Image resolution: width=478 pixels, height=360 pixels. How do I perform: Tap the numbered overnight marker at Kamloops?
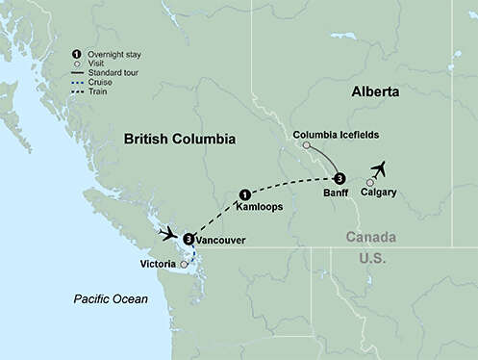tap(244, 193)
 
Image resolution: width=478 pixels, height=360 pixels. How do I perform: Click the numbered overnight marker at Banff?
tap(339, 178)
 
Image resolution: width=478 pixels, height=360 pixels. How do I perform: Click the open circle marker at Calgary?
tap(370, 182)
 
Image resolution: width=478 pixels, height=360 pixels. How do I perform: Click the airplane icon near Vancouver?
tap(170, 233)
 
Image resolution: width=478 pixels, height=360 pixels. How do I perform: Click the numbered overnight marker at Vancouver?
tap(189, 240)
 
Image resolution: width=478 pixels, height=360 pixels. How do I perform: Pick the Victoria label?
tap(157, 263)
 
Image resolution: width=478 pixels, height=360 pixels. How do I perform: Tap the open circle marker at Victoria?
tap(184, 263)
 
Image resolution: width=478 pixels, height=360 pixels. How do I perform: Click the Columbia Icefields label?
tap(328, 133)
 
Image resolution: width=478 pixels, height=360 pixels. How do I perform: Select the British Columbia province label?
tap(180, 140)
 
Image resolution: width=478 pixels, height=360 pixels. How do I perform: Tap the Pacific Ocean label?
tap(112, 299)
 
